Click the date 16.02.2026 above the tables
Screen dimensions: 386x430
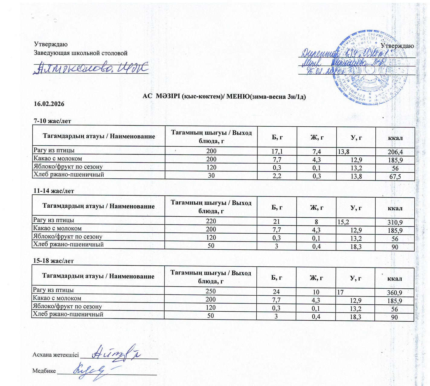pyautogui.click(x=49, y=104)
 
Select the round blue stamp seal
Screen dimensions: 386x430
pyautogui.click(x=370, y=67)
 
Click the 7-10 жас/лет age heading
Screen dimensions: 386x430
pyautogui.click(x=52, y=121)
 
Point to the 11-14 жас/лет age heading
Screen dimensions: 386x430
pyautogui.click(x=53, y=191)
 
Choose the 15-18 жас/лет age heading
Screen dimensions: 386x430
pyautogui.click(x=53, y=261)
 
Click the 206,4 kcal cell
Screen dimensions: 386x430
pyautogui.click(x=395, y=152)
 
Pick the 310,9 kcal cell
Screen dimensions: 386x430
pyautogui.click(x=395, y=222)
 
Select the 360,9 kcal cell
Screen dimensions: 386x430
pyautogui.click(x=394, y=293)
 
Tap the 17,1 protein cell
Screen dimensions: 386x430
pyautogui.click(x=277, y=151)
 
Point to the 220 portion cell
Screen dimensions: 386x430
pyautogui.click(x=211, y=221)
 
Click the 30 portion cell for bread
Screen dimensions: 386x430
pyautogui.click(x=211, y=175)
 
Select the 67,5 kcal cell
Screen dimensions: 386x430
pyautogui.click(x=395, y=177)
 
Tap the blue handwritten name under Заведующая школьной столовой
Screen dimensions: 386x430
pyautogui.click(x=91, y=68)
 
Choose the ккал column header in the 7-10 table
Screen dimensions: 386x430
pyautogui.click(x=395, y=138)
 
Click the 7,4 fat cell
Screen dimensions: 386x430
pyautogui.click(x=317, y=151)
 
